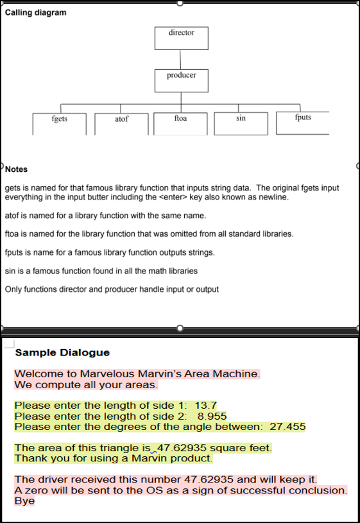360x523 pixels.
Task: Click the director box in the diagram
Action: (181, 38)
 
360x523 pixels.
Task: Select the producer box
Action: (181, 80)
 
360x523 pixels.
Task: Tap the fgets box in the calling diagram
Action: (60, 123)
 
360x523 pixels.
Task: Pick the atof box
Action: (121, 124)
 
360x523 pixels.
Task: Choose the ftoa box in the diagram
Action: (180, 123)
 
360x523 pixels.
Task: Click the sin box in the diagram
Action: (241, 123)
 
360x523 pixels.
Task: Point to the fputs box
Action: (302, 123)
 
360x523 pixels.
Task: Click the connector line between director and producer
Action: (181, 59)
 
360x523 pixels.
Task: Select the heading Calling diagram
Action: (35, 13)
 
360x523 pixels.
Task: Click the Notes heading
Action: (17, 169)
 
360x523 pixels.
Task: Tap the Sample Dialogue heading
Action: (62, 352)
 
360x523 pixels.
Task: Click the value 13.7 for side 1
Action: (205, 406)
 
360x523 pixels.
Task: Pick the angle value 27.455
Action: (287, 426)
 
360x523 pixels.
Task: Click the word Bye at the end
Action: (24, 501)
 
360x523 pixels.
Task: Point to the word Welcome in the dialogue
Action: (37, 373)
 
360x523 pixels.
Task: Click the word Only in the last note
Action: (13, 289)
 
